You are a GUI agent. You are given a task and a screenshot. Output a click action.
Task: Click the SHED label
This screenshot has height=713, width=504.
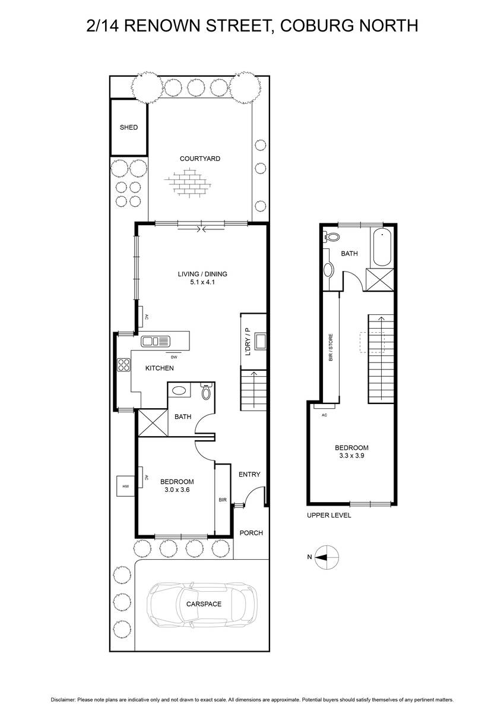pyautogui.click(x=129, y=127)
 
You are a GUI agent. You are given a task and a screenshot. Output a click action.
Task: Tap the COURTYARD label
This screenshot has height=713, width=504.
pyautogui.click(x=200, y=159)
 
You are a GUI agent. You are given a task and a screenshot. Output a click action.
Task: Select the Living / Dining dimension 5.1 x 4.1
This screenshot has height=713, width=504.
pyautogui.click(x=202, y=282)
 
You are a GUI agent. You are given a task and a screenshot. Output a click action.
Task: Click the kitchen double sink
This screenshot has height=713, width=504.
pyautogui.click(x=156, y=341)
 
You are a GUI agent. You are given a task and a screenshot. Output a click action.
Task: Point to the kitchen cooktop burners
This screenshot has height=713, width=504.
pyautogui.click(x=124, y=365)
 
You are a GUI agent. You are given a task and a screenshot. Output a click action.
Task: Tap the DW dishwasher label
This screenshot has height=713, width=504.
pyautogui.click(x=174, y=357)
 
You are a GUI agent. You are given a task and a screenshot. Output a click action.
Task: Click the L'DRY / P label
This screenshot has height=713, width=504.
pyautogui.click(x=248, y=342)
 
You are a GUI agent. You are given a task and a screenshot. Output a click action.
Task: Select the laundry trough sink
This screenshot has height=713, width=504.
pyautogui.click(x=260, y=342)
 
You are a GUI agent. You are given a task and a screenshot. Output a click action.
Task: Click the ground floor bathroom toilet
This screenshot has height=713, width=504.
pyautogui.click(x=207, y=391)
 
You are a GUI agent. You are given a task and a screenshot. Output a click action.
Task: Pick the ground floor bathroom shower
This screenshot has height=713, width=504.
pyautogui.click(x=153, y=422)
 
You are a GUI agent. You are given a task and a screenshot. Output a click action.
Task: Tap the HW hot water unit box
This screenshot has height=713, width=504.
pyautogui.click(x=126, y=486)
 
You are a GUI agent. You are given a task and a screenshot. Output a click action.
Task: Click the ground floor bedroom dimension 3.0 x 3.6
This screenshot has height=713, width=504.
pyautogui.click(x=177, y=490)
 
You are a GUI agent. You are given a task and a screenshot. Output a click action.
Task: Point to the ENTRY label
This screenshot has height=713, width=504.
pyautogui.click(x=249, y=474)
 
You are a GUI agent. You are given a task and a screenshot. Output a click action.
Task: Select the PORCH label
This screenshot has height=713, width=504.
pyautogui.click(x=251, y=533)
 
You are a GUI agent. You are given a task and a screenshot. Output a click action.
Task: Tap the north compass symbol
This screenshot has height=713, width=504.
pyautogui.click(x=327, y=557)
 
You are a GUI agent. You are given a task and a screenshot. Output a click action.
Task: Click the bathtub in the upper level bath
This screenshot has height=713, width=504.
pyautogui.click(x=382, y=247)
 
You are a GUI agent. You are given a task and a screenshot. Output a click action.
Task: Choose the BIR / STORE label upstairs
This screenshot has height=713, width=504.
pyautogui.click(x=331, y=347)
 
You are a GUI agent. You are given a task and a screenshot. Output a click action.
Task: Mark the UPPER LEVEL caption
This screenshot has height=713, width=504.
pyautogui.click(x=329, y=515)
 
